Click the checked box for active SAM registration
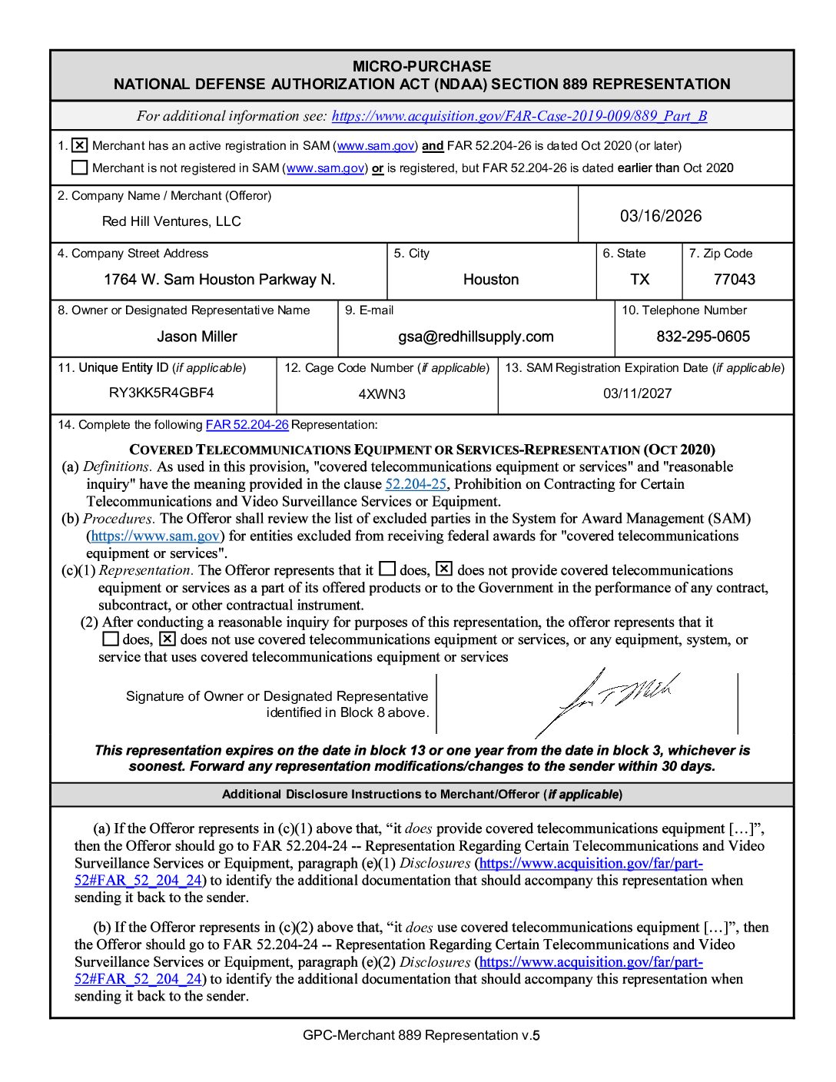coord(80,145)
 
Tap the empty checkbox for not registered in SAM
coord(80,168)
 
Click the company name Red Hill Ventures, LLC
coord(171,221)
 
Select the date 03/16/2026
coord(661,216)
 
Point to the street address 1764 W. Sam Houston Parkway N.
coord(220,280)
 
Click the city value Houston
coord(491,280)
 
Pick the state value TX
coord(639,280)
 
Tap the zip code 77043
coord(734,280)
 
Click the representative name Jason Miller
coord(197,337)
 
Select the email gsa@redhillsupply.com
coord(476,337)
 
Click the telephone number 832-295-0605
coord(703,337)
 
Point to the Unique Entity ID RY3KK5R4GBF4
coord(161,393)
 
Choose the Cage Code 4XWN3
coord(382,394)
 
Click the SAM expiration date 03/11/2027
coord(637,393)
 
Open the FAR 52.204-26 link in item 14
coord(247,425)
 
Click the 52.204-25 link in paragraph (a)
coord(415,484)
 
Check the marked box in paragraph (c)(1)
coord(444,569)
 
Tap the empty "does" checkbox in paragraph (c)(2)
coord(111,639)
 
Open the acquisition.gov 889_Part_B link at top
coord(519,116)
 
